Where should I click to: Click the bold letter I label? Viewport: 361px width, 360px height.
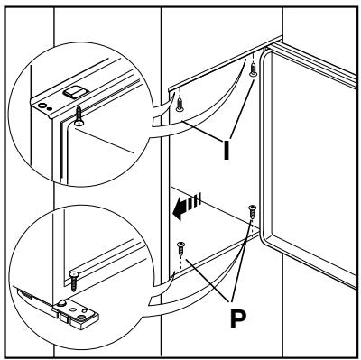pyautogui.click(x=227, y=149)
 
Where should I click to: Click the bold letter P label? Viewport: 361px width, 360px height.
pyautogui.click(x=238, y=318)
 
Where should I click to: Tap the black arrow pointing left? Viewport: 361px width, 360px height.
pyautogui.click(x=181, y=209)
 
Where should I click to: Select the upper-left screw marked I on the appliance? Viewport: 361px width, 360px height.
pyautogui.click(x=180, y=104)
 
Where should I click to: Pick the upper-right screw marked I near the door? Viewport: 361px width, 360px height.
pyautogui.click(x=254, y=69)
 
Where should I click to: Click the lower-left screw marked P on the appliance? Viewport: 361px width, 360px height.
pyautogui.click(x=181, y=248)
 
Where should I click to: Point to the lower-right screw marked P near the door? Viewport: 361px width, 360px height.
pyautogui.click(x=252, y=212)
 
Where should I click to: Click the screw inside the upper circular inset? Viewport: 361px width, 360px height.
pyautogui.click(x=79, y=115)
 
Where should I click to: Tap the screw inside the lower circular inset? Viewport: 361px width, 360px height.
pyautogui.click(x=73, y=282)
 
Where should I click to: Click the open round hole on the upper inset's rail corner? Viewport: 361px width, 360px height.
pyautogui.click(x=42, y=105)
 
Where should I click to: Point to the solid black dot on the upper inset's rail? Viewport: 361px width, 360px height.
pyautogui.click(x=50, y=108)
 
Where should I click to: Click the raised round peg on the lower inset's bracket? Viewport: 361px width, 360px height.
pyautogui.click(x=62, y=302)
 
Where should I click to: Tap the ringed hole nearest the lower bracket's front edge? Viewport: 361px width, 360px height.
pyautogui.click(x=80, y=317)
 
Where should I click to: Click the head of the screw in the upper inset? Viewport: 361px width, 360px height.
pyautogui.click(x=79, y=123)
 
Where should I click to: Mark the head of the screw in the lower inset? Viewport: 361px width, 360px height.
pyautogui.click(x=73, y=274)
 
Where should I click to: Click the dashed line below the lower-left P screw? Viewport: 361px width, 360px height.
pyautogui.click(x=180, y=263)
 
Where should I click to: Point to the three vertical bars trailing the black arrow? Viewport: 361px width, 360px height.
pyautogui.click(x=196, y=200)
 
